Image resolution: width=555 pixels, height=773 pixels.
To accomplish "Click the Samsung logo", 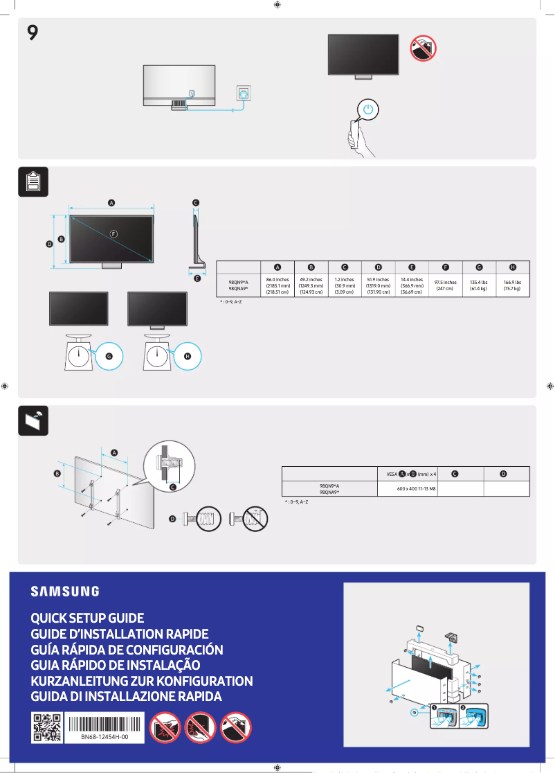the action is [x=64, y=592].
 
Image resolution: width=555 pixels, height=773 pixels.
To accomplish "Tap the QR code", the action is [x=46, y=728].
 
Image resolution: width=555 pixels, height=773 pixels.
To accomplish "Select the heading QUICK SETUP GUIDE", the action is [x=87, y=618].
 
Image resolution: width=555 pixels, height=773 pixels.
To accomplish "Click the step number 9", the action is [x=33, y=33].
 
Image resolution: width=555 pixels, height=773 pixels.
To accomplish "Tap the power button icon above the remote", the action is [x=369, y=109].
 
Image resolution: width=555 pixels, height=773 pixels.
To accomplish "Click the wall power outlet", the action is [x=244, y=92].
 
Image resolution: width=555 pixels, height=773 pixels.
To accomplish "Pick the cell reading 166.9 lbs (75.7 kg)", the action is [x=512, y=285].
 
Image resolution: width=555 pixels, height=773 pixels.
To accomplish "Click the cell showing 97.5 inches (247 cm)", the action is [x=445, y=285].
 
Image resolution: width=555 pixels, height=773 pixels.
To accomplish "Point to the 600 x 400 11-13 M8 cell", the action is [x=416, y=489].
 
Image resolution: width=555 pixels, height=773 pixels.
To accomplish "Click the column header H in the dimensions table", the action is [x=513, y=267].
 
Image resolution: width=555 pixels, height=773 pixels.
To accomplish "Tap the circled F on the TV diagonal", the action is [x=113, y=233].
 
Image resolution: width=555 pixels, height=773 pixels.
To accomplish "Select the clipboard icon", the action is [x=33, y=181].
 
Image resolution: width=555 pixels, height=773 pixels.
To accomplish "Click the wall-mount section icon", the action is [x=33, y=420].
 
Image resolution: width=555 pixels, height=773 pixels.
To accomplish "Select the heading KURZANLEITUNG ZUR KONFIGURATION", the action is [x=142, y=681].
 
